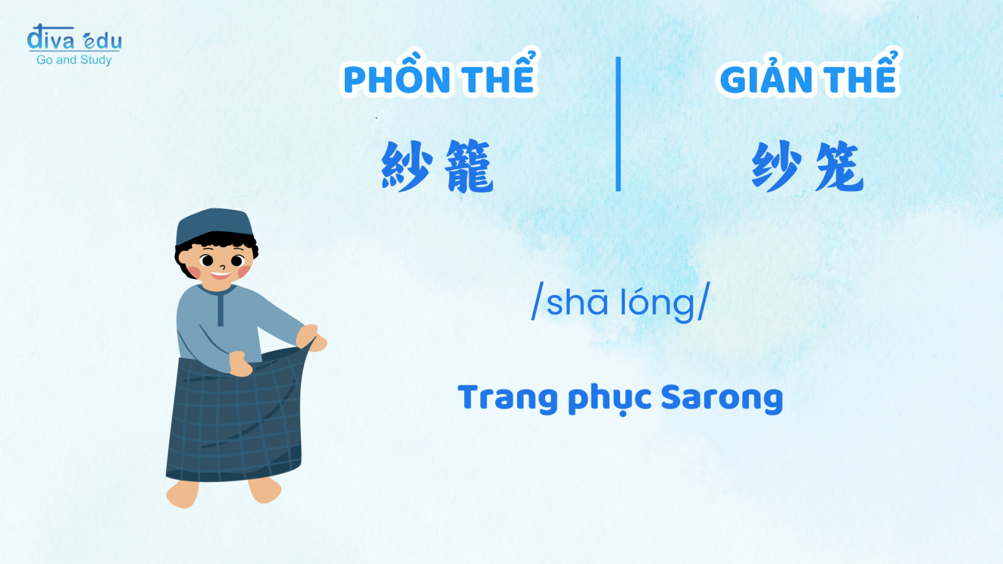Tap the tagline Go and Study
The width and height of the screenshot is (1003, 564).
coord(74,60)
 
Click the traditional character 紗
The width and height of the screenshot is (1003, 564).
coord(407,165)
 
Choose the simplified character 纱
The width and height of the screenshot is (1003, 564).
coord(777,165)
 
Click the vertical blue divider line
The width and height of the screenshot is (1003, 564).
coord(618,124)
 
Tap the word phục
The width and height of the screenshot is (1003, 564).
coord(609,399)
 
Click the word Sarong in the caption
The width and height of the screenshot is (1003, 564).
coord(722,397)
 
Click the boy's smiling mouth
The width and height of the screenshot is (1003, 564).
coord(220,274)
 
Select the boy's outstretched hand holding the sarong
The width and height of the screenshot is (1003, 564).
coord(312,338)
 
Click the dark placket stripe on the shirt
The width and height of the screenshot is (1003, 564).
coord(220,308)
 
